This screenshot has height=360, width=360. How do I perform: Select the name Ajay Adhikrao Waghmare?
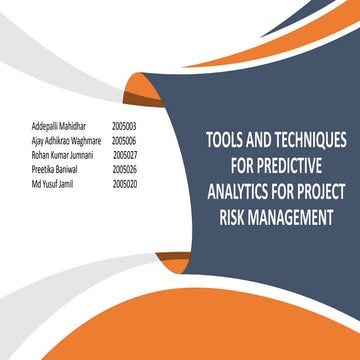point(66,142)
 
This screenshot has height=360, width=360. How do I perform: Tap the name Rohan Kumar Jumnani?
point(62,156)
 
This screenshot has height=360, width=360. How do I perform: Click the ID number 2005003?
point(124,128)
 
